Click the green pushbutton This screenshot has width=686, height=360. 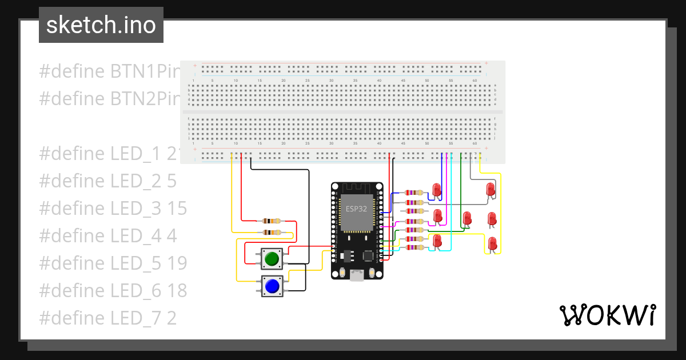272,258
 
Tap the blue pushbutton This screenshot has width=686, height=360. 272,285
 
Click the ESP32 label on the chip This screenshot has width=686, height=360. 356,209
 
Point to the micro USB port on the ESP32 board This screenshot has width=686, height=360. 357,276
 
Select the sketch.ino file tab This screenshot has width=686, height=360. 101,25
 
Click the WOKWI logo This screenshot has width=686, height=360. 607,315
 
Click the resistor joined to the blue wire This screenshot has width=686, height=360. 414,193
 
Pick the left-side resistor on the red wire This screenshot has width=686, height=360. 271,221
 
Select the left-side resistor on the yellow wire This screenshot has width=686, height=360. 271,233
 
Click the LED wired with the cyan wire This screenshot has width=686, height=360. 437,241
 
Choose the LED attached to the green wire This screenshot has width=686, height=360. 466,218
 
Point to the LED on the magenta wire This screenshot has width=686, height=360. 438,216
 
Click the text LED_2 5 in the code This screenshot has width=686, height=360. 107,181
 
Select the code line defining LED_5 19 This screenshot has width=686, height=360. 113,263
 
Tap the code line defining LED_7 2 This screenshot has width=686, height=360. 107,318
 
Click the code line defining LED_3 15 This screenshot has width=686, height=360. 113,209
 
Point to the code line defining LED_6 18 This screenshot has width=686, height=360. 113,291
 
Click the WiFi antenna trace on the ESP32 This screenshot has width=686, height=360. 357,188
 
